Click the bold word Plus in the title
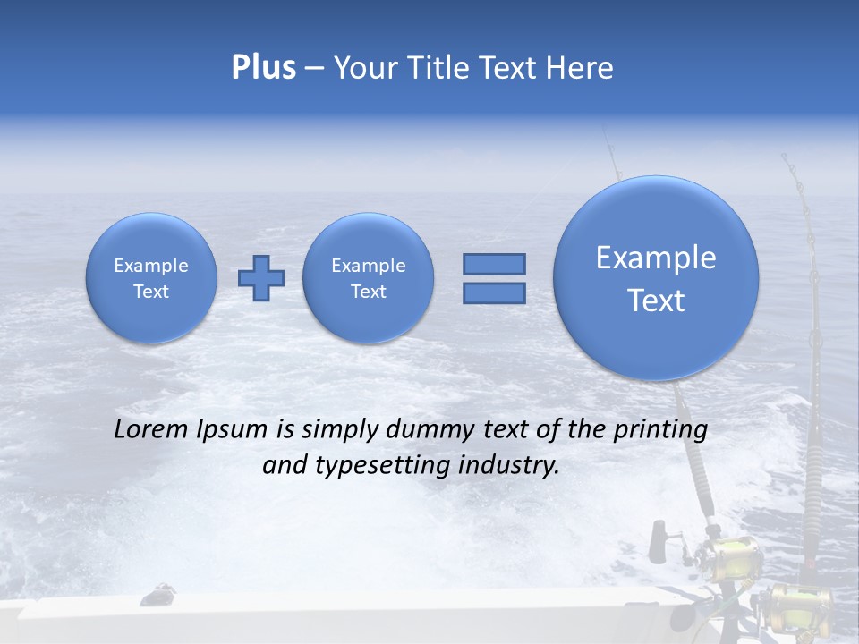click(263, 68)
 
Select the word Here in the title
click(581, 68)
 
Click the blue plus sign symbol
click(260, 277)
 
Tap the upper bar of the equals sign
click(494, 264)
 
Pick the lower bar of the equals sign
click(494, 293)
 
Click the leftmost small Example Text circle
click(151, 277)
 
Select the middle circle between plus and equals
click(368, 277)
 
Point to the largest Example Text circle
click(656, 278)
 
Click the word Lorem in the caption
click(147, 429)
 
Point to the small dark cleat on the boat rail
click(160, 591)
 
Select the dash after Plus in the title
click(314, 69)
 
